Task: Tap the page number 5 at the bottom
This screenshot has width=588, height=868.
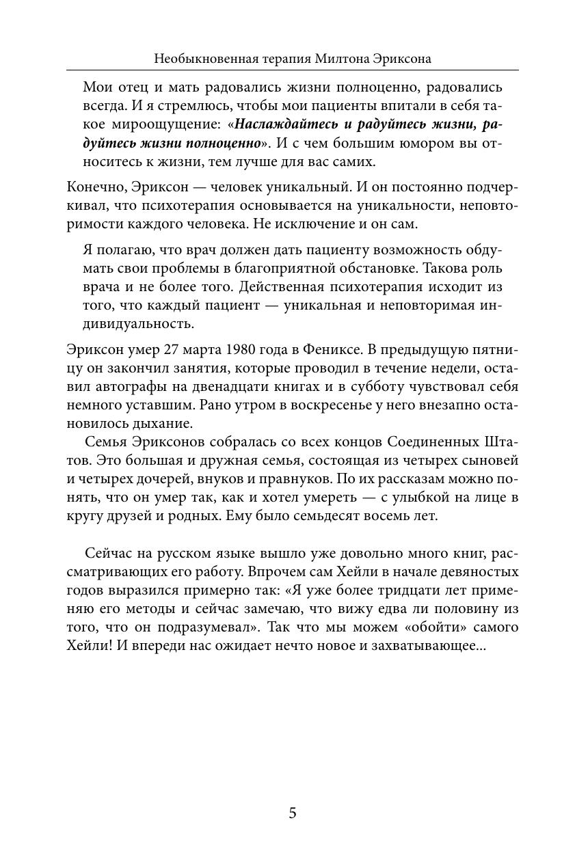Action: point(293,813)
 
